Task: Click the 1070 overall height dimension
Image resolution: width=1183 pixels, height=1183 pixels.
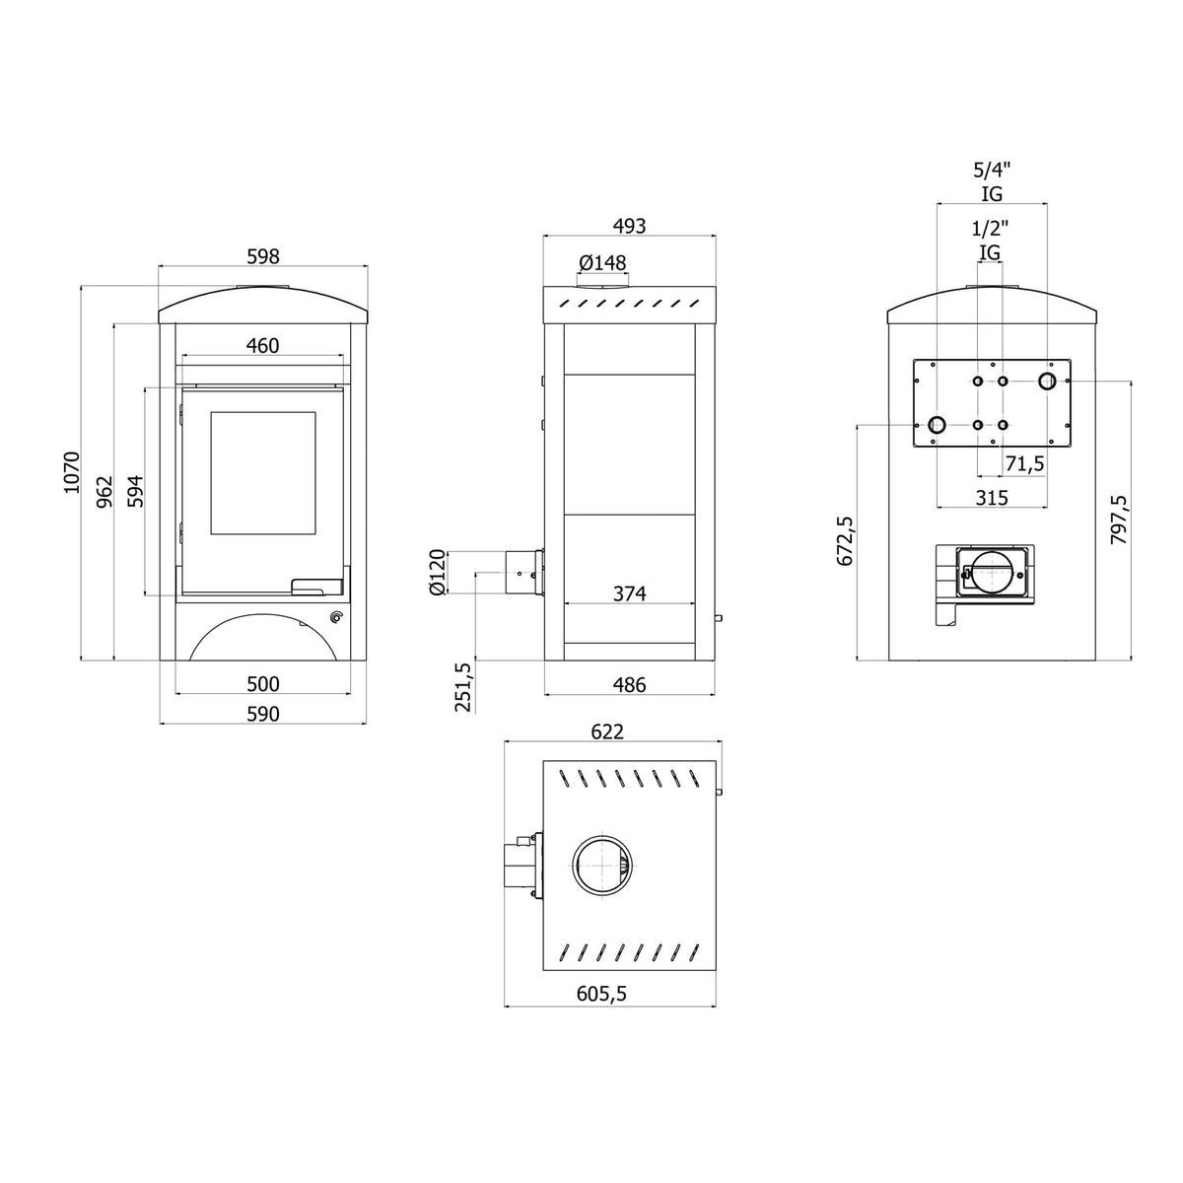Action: tap(73, 472)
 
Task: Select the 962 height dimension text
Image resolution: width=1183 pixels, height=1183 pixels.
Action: tap(105, 491)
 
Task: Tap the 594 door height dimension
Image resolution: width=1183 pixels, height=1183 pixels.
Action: tap(135, 491)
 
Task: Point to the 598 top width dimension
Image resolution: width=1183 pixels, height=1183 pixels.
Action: tap(263, 256)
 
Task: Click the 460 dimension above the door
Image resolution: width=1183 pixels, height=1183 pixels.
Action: tap(263, 346)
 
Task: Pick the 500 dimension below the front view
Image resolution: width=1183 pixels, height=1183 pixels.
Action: tap(263, 684)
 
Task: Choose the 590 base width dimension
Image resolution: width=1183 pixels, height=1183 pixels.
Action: tap(263, 714)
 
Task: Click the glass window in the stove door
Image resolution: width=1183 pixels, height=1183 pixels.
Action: tap(263, 473)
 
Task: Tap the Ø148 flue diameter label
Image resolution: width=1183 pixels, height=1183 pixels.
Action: tap(602, 263)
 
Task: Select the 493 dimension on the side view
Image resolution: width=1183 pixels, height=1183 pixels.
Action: tap(630, 226)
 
